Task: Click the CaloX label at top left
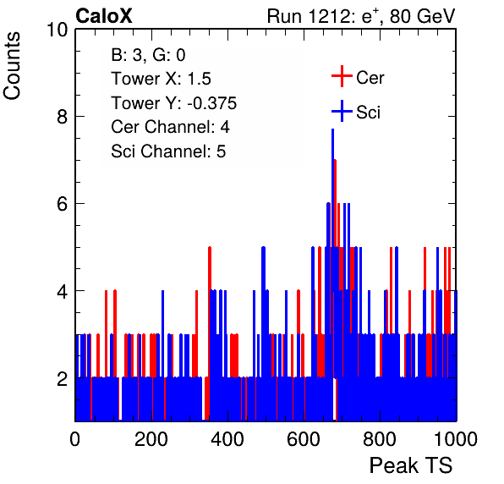(104, 16)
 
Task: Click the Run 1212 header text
(361, 16)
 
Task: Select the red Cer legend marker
(342, 76)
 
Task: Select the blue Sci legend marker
(342, 111)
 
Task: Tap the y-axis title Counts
(12, 66)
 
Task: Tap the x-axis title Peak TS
(411, 465)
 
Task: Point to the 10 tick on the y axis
(58, 30)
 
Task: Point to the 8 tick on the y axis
(63, 117)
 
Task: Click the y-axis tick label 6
(63, 204)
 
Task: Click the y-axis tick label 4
(63, 291)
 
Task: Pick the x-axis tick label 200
(151, 439)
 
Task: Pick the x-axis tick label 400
(227, 439)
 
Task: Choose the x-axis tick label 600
(304, 439)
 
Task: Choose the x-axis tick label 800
(380, 439)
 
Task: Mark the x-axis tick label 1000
(456, 439)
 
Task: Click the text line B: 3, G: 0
(148, 55)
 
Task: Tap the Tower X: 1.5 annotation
(161, 79)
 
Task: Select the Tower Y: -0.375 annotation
(174, 103)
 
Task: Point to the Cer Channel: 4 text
(170, 127)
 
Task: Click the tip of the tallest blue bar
(332, 129)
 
